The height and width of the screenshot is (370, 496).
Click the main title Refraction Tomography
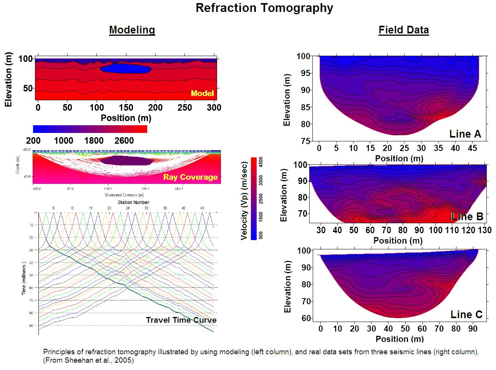click(x=264, y=8)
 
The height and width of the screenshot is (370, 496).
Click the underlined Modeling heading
click(x=132, y=30)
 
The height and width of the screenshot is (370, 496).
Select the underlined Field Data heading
click(x=403, y=30)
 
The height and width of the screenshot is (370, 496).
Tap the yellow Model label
click(x=202, y=93)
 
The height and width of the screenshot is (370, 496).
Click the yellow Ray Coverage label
click(x=190, y=177)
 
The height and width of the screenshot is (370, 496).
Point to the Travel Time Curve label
click(x=181, y=320)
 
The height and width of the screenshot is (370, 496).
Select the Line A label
click(x=465, y=134)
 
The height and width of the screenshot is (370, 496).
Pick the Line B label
click(x=467, y=216)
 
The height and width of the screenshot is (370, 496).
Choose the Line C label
click(x=466, y=315)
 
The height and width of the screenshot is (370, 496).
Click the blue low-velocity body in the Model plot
click(x=125, y=68)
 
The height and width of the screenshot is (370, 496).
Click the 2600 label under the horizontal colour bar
click(x=124, y=141)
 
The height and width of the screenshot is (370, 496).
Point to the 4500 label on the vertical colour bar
click(x=261, y=162)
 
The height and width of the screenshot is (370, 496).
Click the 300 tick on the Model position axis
click(x=214, y=108)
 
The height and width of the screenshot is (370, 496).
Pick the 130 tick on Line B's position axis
click(x=484, y=230)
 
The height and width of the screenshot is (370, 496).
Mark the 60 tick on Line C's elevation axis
click(x=306, y=319)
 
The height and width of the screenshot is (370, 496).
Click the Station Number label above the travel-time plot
click(x=133, y=202)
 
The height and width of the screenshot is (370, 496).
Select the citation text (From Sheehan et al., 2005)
click(x=88, y=360)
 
